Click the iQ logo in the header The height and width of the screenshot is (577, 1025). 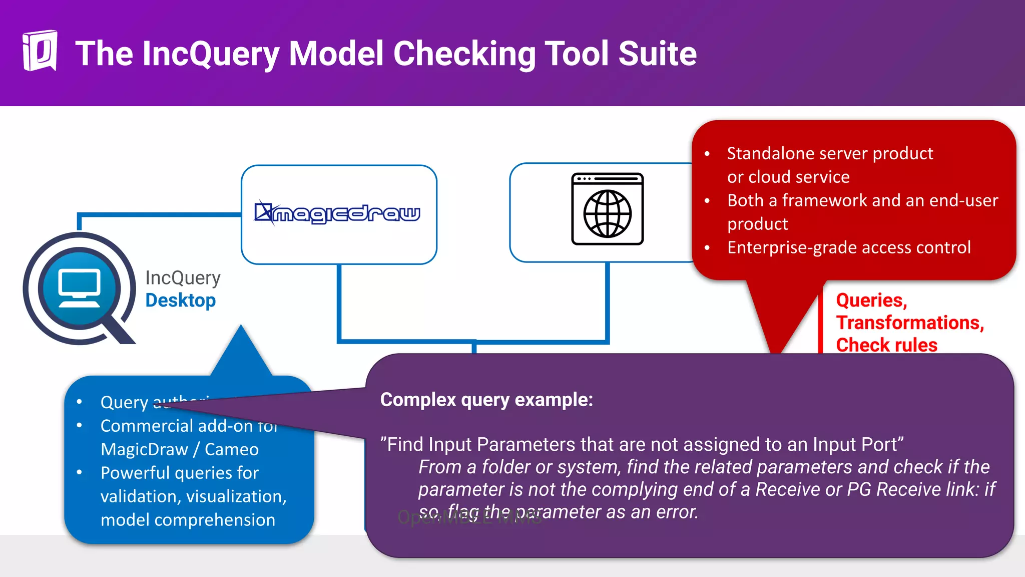[40, 51]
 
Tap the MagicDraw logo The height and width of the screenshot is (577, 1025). [338, 213]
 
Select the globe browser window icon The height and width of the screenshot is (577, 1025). [607, 209]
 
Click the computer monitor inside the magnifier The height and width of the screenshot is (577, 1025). [80, 287]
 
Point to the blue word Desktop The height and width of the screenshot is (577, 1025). [180, 301]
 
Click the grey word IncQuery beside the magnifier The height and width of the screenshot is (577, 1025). [183, 278]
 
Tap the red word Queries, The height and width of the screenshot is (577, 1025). [871, 301]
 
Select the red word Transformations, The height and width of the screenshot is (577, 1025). [909, 323]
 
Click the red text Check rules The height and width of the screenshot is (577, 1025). [886, 345]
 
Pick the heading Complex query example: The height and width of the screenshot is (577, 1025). [486, 400]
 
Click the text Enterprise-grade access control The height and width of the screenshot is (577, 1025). [848, 247]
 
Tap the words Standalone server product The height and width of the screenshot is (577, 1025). [829, 153]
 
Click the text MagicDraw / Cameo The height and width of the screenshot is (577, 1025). [179, 449]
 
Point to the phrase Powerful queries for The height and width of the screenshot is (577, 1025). [179, 473]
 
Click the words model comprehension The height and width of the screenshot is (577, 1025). [188, 520]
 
